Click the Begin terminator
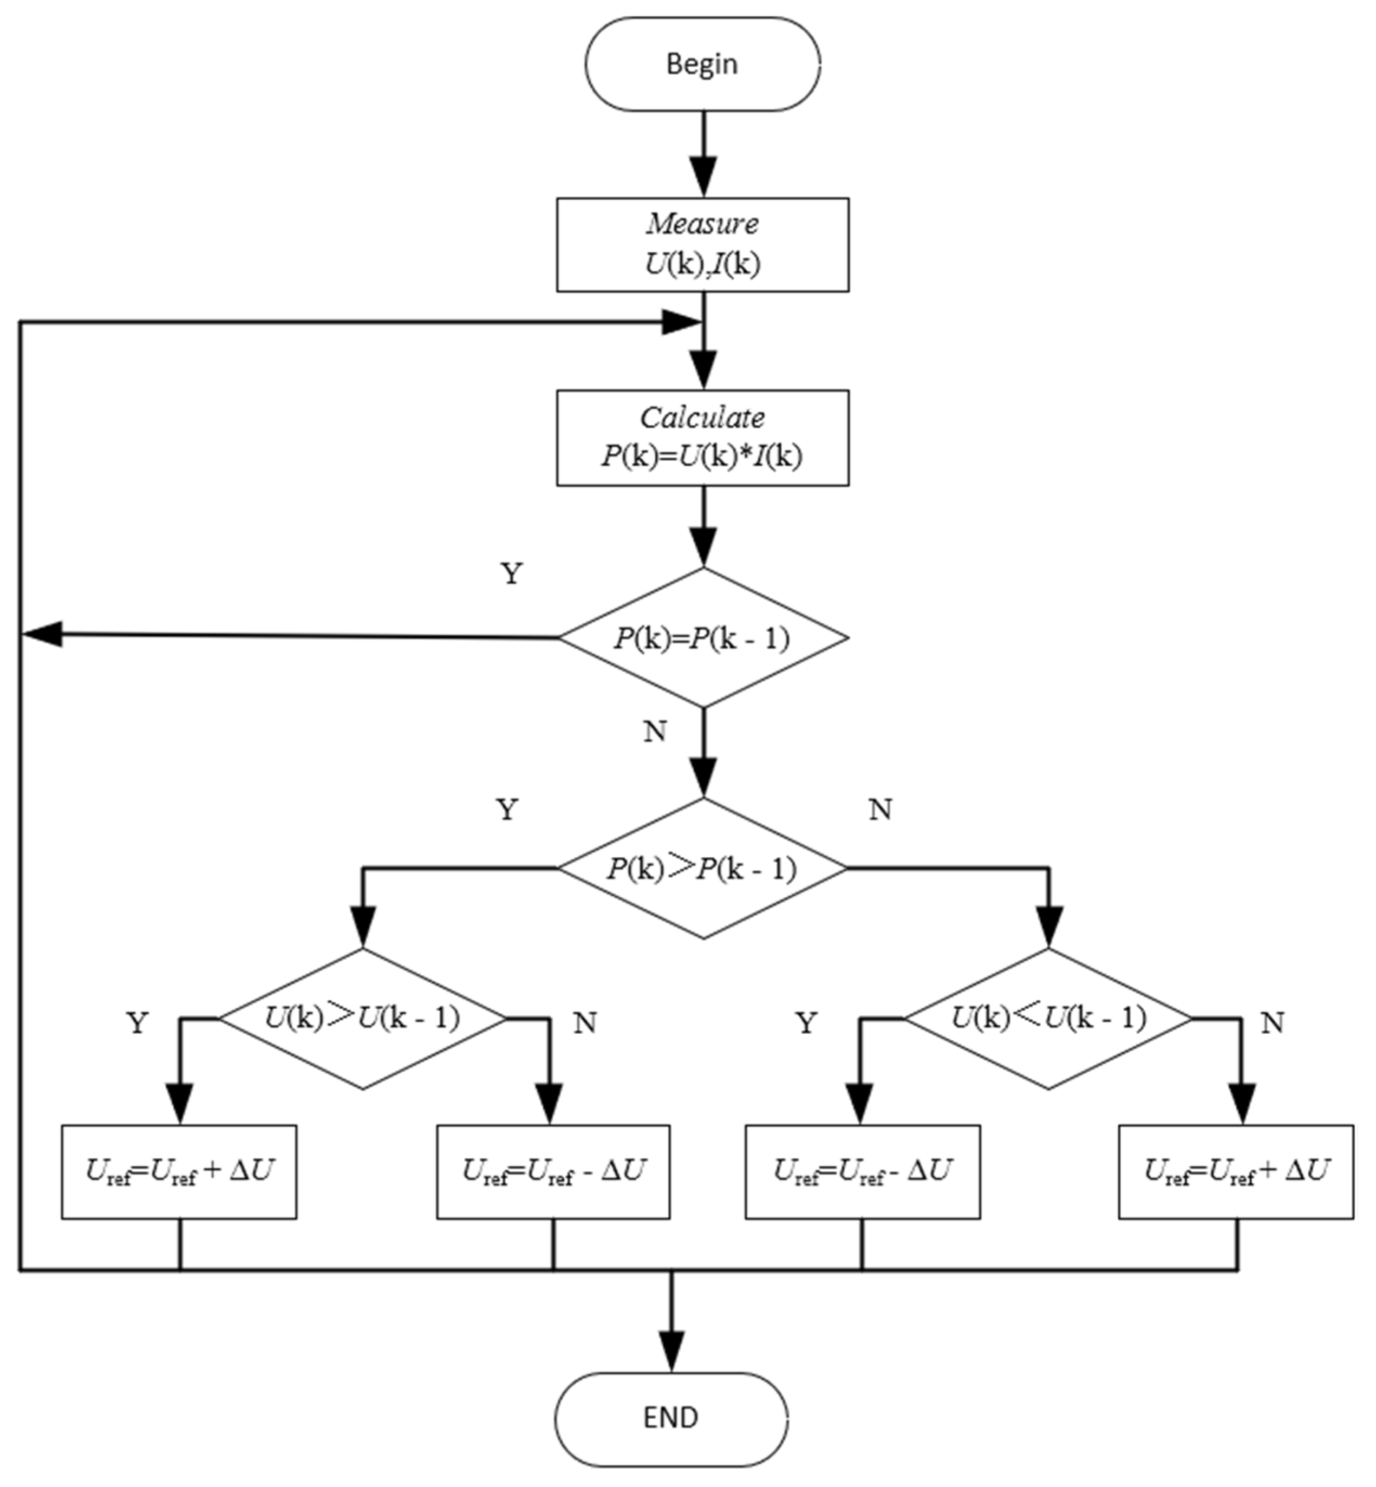tap(702, 64)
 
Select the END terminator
tap(671, 1417)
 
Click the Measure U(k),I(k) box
tap(702, 244)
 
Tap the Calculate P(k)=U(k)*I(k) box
tap(702, 438)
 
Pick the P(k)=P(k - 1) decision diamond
tap(703, 638)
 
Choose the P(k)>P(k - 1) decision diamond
tap(703, 868)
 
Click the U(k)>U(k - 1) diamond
tap(363, 1018)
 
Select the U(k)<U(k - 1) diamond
tap(1048, 1018)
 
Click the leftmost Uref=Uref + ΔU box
tap(179, 1172)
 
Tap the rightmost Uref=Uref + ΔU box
tap(1235, 1172)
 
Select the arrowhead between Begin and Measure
tap(703, 177)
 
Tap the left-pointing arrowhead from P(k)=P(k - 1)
tap(43, 635)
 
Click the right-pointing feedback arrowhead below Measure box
tap(681, 322)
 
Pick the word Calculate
tap(702, 418)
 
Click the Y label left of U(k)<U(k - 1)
tap(806, 1024)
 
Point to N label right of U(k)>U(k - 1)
tap(585, 1024)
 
